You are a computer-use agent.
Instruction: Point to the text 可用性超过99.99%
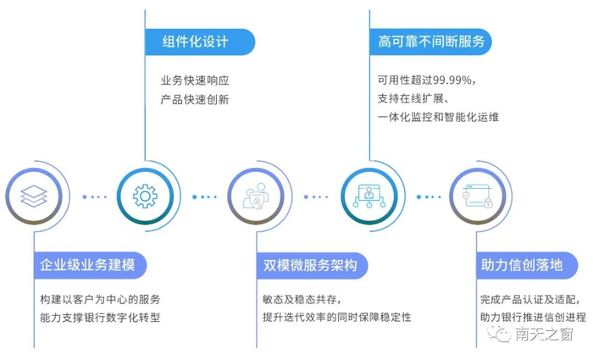click(x=426, y=81)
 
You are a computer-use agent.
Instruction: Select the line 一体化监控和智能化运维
click(x=438, y=117)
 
